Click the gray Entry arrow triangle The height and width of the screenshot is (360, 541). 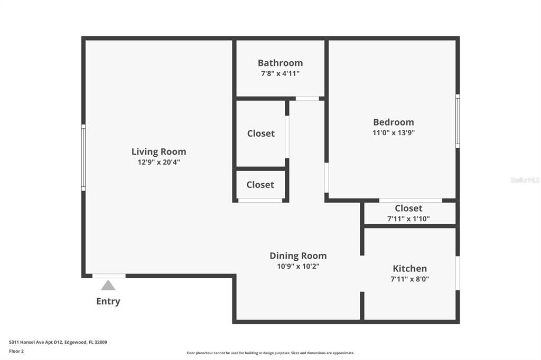coord(108,286)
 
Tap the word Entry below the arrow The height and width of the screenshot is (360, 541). coord(108,301)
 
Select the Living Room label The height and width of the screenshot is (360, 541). coord(158,151)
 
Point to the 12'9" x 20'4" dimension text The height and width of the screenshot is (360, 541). coord(158,163)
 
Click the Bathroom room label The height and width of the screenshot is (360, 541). coord(280,63)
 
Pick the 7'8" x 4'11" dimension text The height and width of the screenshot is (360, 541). coord(280,74)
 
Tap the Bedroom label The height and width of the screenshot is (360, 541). coord(393,122)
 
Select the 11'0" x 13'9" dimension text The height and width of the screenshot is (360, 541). coord(393,133)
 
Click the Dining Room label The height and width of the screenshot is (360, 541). coord(298,255)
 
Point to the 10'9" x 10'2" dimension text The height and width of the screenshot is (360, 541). coord(298,267)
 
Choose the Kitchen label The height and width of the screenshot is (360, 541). coord(409,268)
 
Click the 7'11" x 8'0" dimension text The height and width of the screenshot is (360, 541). coord(409,279)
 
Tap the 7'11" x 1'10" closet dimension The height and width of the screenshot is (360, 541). coord(408,219)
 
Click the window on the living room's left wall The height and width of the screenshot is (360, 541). coord(83,157)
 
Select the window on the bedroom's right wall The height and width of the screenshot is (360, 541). coord(458,121)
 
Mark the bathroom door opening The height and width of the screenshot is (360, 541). coord(307,98)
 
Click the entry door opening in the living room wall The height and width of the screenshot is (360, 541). coord(109,276)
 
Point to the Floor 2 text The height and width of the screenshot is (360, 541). coord(16,351)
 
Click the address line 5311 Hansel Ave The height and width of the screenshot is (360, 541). coord(58,342)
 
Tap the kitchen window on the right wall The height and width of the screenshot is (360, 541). coord(458,273)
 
